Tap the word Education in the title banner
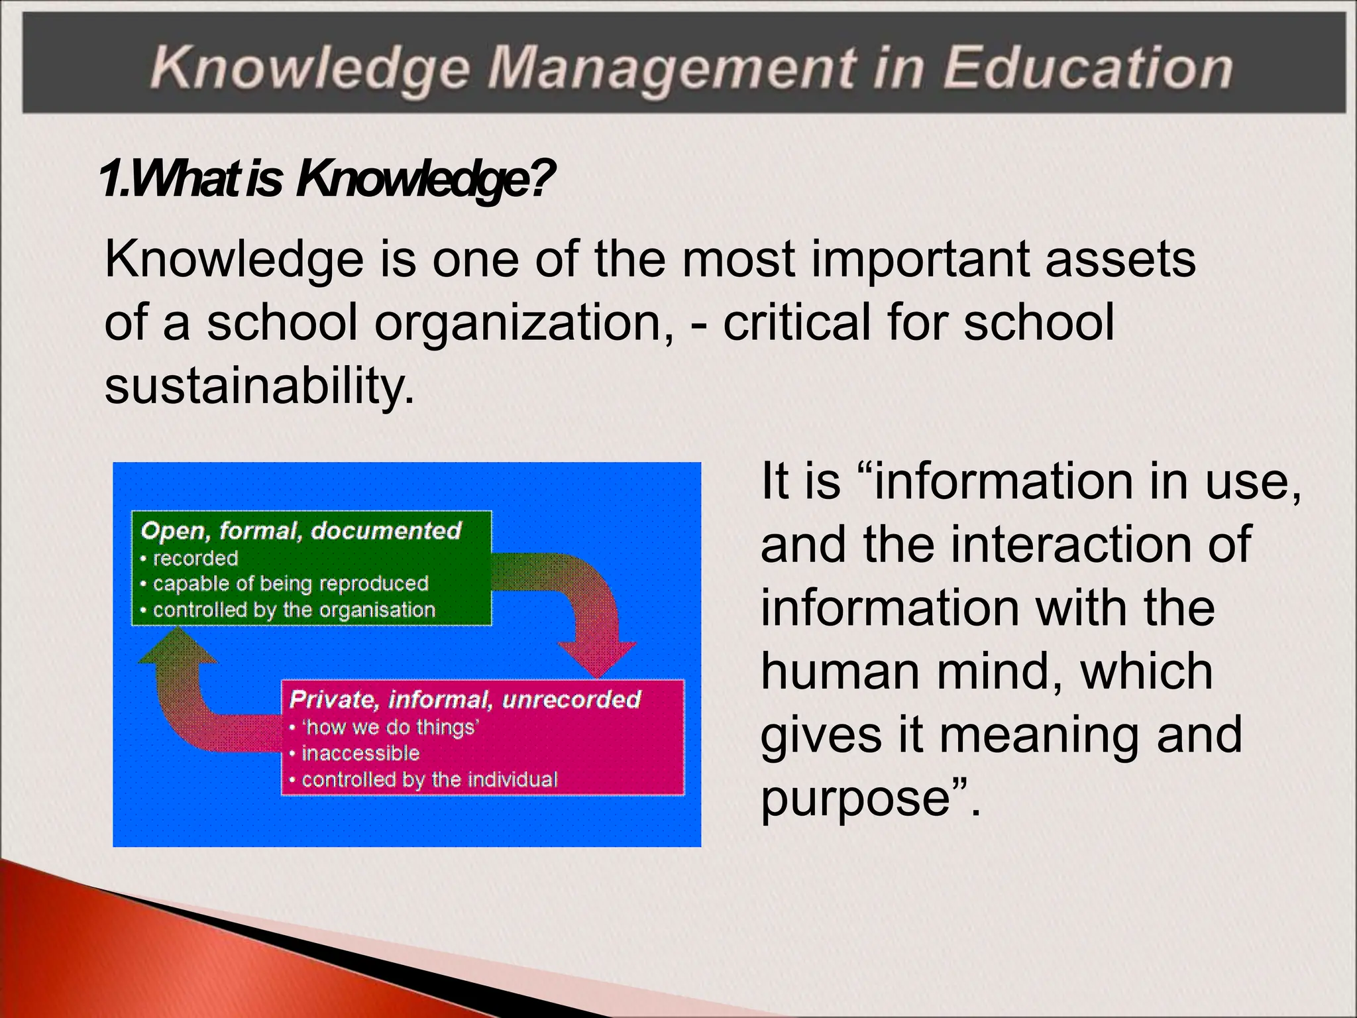[x=1087, y=68]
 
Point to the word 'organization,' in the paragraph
[x=523, y=322]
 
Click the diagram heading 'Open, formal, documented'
[x=301, y=531]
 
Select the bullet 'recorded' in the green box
[x=195, y=559]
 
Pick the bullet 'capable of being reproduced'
[x=291, y=584]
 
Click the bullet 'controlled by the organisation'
[x=294, y=610]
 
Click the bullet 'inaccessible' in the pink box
[x=360, y=754]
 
